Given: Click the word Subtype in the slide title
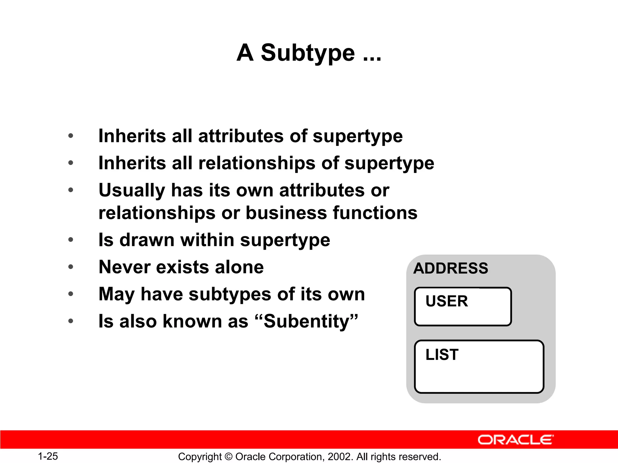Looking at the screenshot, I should [307, 53].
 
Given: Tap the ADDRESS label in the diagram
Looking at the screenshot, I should [451, 268].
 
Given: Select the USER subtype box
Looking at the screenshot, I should [463, 307].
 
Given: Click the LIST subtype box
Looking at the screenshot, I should [479, 367].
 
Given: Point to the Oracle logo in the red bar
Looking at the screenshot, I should [515, 440].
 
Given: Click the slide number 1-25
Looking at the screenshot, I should [48, 456].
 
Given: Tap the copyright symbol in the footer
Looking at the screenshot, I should [229, 457].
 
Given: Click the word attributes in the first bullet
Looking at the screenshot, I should [241, 136].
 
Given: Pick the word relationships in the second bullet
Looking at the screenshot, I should [256, 163].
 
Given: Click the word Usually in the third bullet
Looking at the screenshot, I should [132, 191].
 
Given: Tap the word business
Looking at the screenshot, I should [286, 213].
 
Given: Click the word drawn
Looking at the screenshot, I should [147, 240].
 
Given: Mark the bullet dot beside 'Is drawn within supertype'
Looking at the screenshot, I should [71, 240].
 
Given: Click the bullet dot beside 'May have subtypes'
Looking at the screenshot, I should [71, 294].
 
